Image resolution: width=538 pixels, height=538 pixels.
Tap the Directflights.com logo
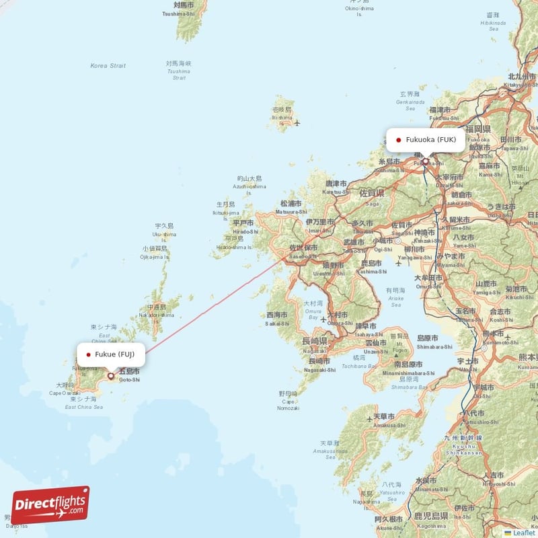[x=50, y=504]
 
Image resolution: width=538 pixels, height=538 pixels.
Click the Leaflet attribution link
[x=523, y=533]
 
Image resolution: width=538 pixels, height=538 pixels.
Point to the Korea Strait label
[x=108, y=65]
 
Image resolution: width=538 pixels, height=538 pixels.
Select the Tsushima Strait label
[x=179, y=71]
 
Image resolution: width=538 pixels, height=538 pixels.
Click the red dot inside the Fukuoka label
[x=399, y=141]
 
